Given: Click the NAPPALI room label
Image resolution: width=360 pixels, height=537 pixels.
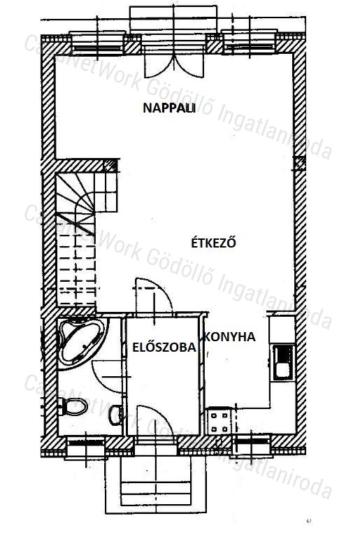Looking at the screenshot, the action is click(x=169, y=108).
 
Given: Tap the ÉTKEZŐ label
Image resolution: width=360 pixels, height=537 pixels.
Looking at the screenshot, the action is click(x=214, y=243).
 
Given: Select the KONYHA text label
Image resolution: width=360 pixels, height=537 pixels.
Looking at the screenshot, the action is click(x=230, y=337).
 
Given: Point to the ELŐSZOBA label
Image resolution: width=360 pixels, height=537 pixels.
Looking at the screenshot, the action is click(x=164, y=348).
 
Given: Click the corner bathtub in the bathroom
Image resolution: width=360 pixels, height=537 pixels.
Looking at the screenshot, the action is click(x=81, y=341).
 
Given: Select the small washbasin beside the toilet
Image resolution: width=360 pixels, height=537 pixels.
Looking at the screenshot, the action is click(x=116, y=415).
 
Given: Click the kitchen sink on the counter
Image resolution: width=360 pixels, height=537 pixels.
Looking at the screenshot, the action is click(x=284, y=362).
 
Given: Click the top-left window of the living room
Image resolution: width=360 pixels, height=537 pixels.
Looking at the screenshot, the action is click(x=96, y=44).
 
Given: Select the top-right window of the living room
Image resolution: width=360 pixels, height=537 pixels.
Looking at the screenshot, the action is click(x=250, y=43).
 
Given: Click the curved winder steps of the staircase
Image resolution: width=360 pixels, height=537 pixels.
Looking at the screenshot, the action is click(x=75, y=202).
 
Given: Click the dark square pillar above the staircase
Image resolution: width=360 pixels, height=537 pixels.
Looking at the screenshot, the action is click(x=110, y=166).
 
